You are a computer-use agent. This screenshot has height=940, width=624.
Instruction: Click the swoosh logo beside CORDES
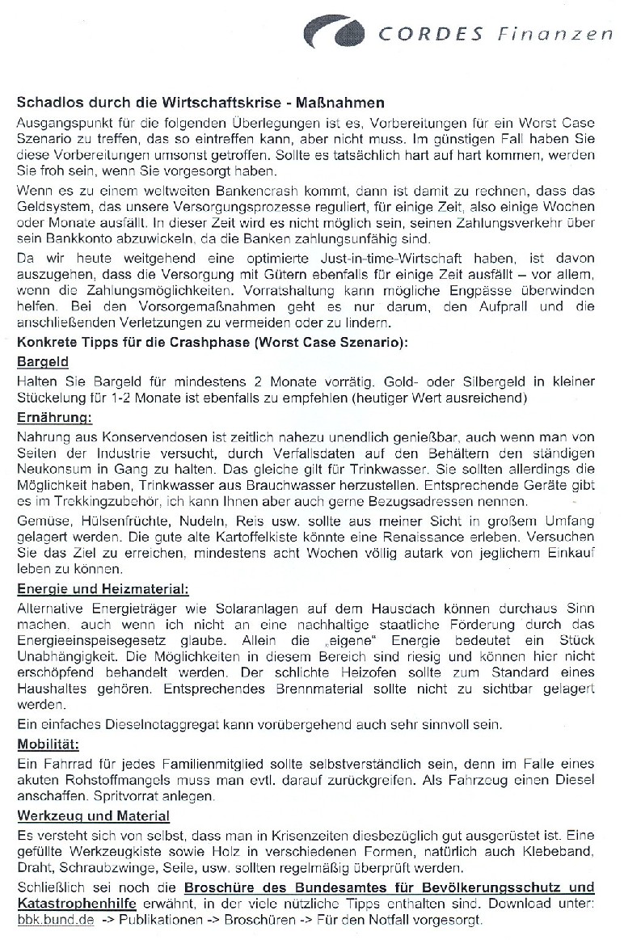[x=334, y=33]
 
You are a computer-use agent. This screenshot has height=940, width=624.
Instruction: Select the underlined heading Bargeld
[x=43, y=362]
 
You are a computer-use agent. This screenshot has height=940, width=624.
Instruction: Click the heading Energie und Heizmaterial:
[x=103, y=588]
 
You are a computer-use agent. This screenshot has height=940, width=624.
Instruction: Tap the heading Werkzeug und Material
[x=94, y=816]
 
